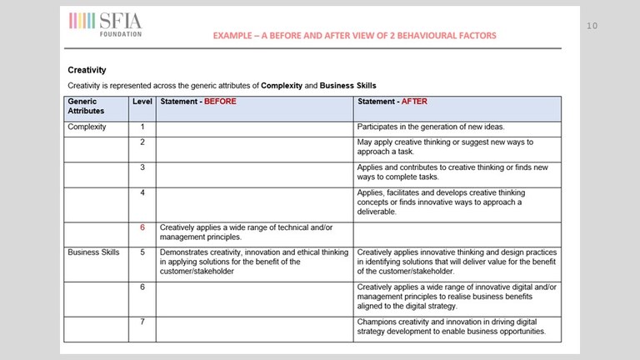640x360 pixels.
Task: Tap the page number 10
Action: tap(592, 26)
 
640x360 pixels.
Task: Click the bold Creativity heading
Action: tap(87, 71)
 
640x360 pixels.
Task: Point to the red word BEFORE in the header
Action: tap(221, 102)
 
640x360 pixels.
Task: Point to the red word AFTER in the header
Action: tap(416, 102)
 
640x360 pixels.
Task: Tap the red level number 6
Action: tap(142, 227)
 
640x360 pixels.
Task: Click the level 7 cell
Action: tap(142, 321)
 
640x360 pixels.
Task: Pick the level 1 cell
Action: tap(142, 127)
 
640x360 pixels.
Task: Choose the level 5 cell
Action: tap(142, 251)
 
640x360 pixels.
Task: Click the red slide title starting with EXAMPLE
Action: tap(354, 36)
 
